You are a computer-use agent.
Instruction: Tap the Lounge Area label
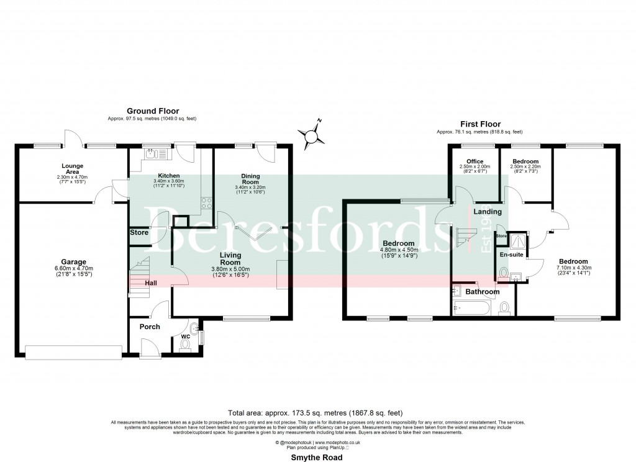point(72,166)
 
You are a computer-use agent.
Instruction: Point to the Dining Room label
point(250,179)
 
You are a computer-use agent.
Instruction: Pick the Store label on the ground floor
point(139,232)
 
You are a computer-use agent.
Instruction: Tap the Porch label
point(150,327)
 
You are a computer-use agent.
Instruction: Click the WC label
point(185,337)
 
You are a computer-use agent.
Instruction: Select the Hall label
point(151,283)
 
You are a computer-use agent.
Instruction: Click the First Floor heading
point(479,124)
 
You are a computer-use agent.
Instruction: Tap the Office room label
point(475,161)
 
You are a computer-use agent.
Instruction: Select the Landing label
point(488,212)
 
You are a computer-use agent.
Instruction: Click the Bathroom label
point(483,291)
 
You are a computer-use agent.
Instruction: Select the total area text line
point(317,412)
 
